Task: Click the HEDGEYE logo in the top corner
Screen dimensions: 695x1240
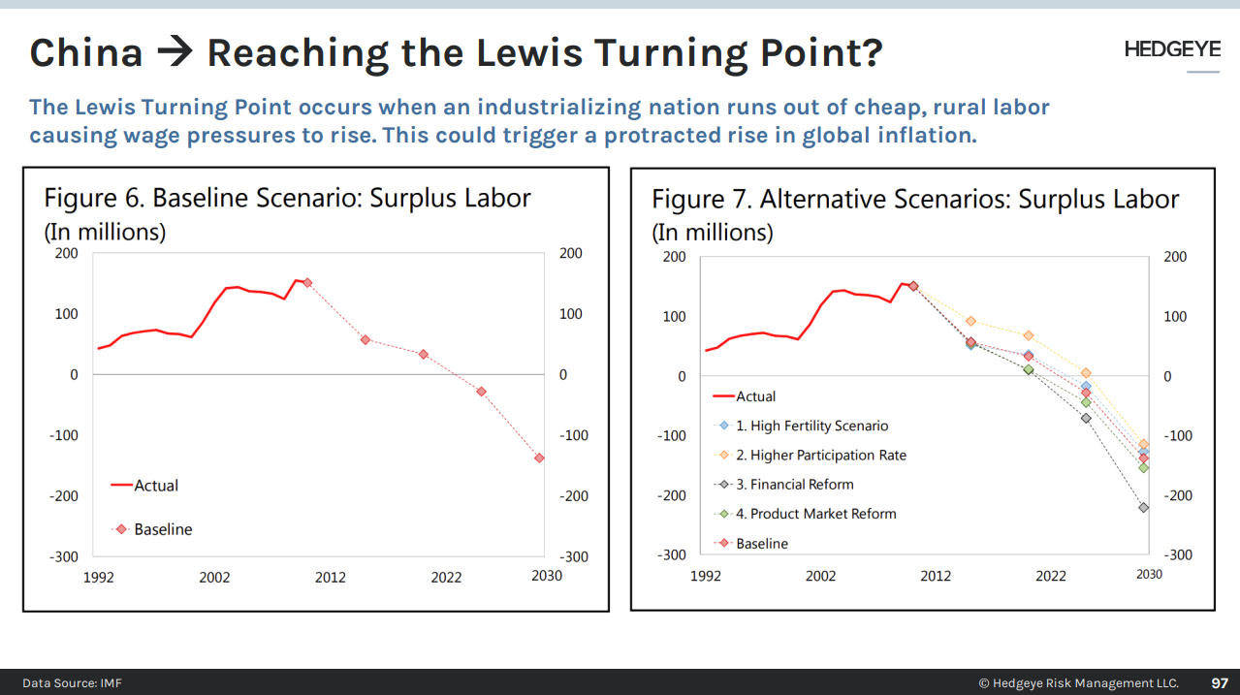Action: (1171, 49)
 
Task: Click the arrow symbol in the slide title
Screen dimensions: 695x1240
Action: (175, 52)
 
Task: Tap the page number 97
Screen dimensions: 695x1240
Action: (1219, 682)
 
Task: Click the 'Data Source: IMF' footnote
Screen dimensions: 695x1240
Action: (73, 682)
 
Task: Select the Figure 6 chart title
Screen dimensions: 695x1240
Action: (287, 199)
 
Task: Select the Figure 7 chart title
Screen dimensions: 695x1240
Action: (914, 200)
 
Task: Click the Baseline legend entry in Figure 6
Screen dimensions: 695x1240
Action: (162, 529)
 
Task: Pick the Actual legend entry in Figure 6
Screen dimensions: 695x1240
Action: (155, 486)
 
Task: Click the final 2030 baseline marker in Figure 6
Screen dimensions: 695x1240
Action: (539, 458)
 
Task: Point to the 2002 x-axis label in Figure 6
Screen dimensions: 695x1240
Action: (214, 577)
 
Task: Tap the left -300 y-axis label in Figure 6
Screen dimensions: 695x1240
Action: (64, 556)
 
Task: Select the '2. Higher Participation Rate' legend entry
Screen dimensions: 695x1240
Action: (820, 455)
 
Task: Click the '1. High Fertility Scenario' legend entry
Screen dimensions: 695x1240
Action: (811, 426)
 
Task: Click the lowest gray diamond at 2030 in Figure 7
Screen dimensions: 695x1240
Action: (1143, 507)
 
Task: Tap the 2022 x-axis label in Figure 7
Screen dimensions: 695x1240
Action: (1050, 576)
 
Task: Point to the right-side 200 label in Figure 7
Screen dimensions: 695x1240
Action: (1174, 257)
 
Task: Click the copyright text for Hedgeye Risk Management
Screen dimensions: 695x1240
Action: (1078, 682)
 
